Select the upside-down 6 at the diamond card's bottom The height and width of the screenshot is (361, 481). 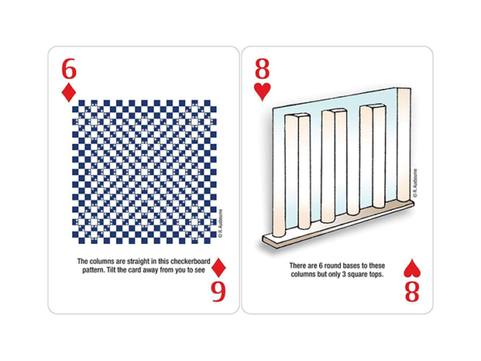tap(218, 293)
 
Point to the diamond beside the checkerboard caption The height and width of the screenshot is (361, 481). tap(218, 268)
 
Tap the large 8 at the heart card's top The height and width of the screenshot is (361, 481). tap(263, 66)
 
